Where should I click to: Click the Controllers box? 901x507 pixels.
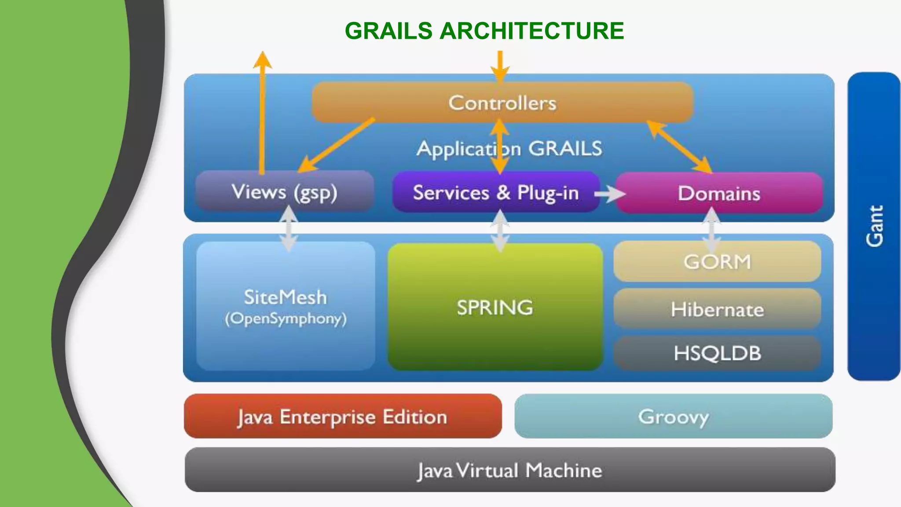(x=502, y=103)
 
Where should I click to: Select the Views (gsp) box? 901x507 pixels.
(x=285, y=192)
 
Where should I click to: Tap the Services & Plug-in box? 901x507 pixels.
(x=496, y=193)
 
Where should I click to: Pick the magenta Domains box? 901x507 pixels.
(x=719, y=194)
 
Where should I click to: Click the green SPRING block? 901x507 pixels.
(x=495, y=307)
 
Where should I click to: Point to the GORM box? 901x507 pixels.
(x=717, y=261)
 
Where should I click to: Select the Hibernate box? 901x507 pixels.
(x=717, y=309)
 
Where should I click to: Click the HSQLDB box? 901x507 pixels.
(x=717, y=353)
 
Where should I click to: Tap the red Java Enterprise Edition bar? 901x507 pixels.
(x=342, y=416)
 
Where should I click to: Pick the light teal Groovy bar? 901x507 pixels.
(x=673, y=416)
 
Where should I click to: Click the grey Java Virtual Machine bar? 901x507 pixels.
(x=509, y=470)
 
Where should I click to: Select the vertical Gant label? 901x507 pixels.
(x=874, y=226)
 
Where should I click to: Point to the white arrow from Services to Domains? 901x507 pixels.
(x=610, y=194)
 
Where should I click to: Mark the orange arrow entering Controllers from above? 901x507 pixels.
(x=500, y=66)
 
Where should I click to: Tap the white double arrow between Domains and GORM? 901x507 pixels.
(x=712, y=230)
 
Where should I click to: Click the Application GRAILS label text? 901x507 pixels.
(x=509, y=149)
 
